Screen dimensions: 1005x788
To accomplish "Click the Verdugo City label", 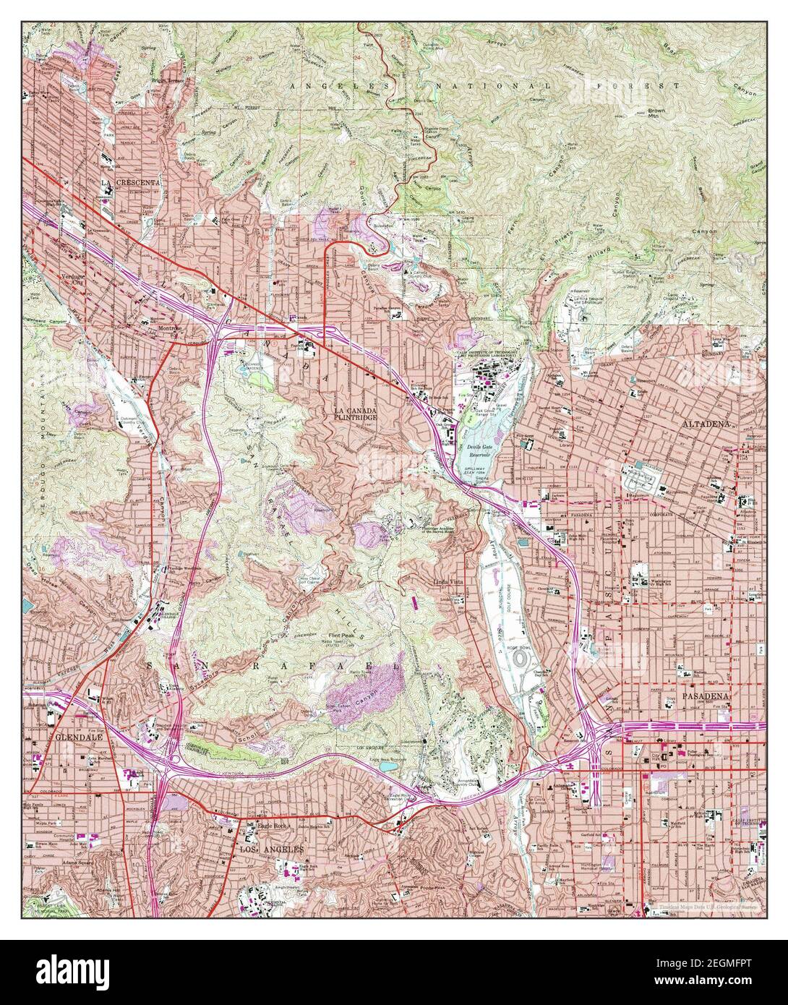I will pyautogui.click(x=73, y=277).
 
